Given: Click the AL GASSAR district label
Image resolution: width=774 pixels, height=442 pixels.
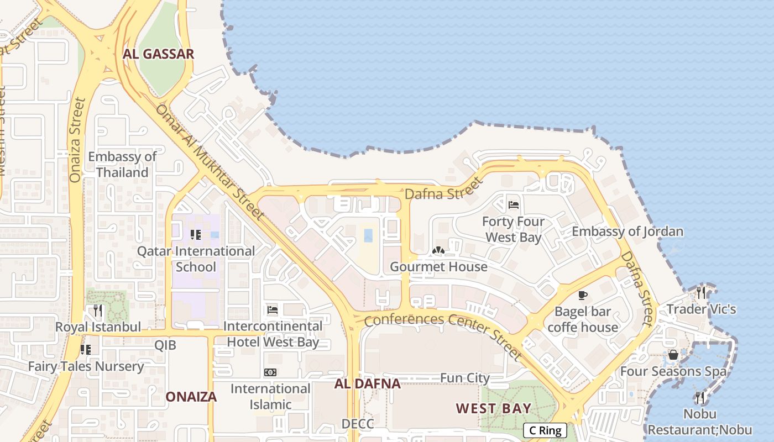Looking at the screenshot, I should point(159,54).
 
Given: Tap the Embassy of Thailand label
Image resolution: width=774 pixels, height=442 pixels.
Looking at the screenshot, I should point(122,165).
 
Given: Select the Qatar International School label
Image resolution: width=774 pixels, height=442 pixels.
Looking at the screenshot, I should point(196,259).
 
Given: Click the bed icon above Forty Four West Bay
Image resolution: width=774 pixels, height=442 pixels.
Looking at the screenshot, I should point(513,205).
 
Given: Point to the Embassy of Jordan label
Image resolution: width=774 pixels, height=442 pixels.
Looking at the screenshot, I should point(627,231).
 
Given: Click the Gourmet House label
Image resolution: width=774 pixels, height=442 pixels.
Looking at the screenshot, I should point(439,267).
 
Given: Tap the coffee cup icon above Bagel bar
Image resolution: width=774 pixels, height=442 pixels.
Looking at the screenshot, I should point(582,296).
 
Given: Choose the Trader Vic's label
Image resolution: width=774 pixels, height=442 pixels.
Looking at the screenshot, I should point(701,309).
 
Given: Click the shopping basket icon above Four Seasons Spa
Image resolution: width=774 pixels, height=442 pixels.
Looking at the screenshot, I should point(673,355).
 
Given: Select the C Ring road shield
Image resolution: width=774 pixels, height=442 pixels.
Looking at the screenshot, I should point(545,430).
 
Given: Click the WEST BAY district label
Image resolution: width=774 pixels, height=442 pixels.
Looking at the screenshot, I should point(493,409).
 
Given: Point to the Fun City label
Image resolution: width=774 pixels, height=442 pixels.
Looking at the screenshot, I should point(465,378).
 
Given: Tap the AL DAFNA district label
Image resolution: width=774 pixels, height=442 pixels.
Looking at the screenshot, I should point(367,384).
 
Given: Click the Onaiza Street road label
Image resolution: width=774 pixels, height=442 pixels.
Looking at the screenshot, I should point(77,140).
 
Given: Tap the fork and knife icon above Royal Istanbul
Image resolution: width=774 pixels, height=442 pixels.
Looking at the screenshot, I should point(98,311).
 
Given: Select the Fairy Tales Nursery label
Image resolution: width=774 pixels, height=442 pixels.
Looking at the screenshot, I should point(86,366).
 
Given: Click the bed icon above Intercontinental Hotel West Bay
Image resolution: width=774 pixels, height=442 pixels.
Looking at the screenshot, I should point(272,310).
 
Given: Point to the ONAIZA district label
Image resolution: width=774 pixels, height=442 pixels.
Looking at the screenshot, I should point(191,397).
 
